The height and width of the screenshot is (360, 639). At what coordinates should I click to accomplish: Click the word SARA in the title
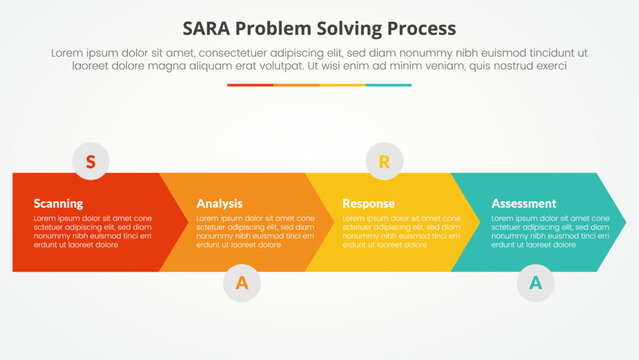tap(209, 27)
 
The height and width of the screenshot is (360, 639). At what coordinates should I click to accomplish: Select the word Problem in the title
tap(277, 27)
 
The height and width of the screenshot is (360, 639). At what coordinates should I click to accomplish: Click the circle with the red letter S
tap(91, 160)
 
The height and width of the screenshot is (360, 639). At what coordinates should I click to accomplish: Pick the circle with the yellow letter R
tap(383, 160)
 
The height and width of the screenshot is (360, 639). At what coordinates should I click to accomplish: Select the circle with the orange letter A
tap(241, 283)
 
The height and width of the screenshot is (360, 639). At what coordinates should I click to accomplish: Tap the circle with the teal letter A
tap(535, 283)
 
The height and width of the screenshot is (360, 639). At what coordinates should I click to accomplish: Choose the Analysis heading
tap(219, 203)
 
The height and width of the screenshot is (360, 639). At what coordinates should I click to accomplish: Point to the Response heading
tap(368, 203)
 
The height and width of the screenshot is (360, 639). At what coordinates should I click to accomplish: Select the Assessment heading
tap(523, 203)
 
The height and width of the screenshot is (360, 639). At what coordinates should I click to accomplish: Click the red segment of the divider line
tap(250, 85)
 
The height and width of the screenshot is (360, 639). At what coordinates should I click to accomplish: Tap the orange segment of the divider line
tap(296, 85)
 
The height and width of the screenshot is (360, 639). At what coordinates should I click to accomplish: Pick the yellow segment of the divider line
tap(342, 85)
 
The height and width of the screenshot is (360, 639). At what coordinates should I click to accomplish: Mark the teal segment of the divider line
tap(388, 85)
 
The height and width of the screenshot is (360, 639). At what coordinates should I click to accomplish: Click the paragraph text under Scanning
tap(92, 231)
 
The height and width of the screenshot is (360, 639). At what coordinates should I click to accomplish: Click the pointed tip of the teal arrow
tap(623, 222)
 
